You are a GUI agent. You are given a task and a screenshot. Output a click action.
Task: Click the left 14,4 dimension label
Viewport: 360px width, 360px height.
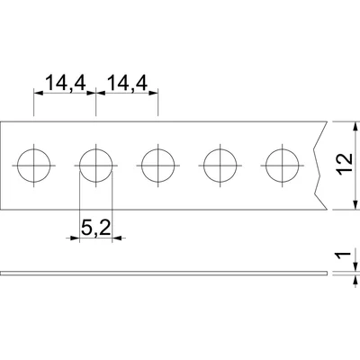64,83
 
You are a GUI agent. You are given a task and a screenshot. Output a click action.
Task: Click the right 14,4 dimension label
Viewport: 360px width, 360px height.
127,83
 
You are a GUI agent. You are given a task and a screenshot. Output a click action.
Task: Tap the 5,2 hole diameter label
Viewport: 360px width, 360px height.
96,229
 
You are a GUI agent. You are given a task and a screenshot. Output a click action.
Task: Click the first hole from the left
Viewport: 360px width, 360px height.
34,166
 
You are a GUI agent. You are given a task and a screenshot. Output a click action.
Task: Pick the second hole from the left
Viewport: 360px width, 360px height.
96,166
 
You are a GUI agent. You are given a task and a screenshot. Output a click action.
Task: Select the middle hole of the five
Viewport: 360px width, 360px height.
158,166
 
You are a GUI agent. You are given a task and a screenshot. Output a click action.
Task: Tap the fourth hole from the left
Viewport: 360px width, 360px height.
220,166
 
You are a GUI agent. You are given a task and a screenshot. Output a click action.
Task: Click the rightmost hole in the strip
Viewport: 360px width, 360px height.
283,166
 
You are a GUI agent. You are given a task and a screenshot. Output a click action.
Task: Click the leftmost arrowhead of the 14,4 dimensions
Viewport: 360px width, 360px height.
38,91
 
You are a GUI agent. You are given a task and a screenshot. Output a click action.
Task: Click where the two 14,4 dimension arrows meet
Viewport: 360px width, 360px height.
96,91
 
